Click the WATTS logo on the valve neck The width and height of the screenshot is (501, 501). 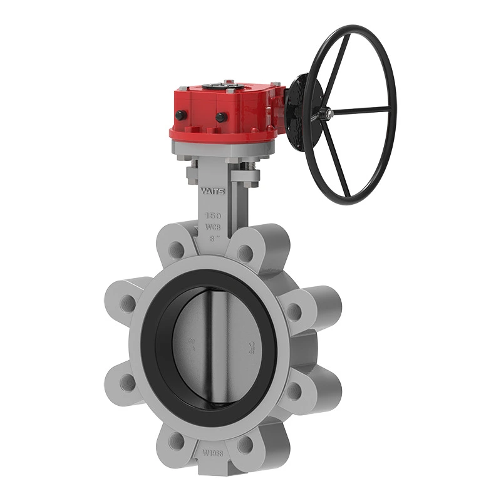pos(211,189)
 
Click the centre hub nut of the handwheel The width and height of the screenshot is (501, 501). pos(328,114)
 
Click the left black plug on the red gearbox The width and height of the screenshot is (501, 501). pos(181,115)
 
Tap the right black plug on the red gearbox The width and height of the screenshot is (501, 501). pos(220,117)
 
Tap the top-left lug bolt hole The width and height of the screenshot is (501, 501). pos(178,249)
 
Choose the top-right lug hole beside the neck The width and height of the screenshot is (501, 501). pos(245,252)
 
